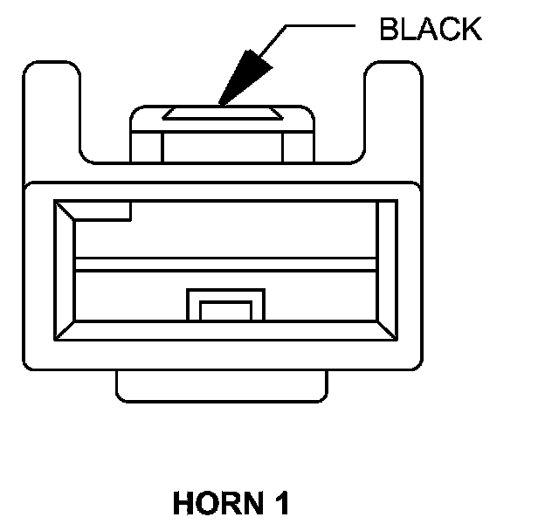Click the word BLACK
tap(430, 29)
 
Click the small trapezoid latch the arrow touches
tap(222, 114)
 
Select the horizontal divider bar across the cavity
tap(225, 265)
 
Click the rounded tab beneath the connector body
tap(223, 385)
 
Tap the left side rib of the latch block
tap(146, 145)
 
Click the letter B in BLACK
tap(388, 29)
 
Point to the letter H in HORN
tap(183, 504)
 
